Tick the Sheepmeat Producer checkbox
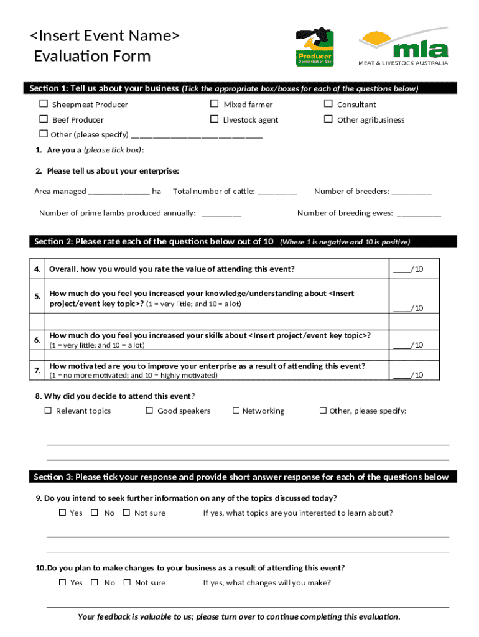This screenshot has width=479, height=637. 44,104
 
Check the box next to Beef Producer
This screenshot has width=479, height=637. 44,119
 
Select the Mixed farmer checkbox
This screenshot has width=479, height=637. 214,104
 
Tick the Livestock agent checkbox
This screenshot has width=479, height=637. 214,119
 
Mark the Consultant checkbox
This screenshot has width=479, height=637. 328,104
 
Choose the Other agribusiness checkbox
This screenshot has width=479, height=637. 328,119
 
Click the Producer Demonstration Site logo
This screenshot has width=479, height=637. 315,47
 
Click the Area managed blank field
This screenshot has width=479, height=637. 118,192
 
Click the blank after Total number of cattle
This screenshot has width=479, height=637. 277,192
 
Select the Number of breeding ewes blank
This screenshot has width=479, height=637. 418,213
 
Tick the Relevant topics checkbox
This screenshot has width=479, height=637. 48,411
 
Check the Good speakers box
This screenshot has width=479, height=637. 149,411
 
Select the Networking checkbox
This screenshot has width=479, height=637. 236,411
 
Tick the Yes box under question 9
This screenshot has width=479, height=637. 62,513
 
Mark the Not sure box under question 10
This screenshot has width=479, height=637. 127,582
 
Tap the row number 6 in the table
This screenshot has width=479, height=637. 38,340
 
